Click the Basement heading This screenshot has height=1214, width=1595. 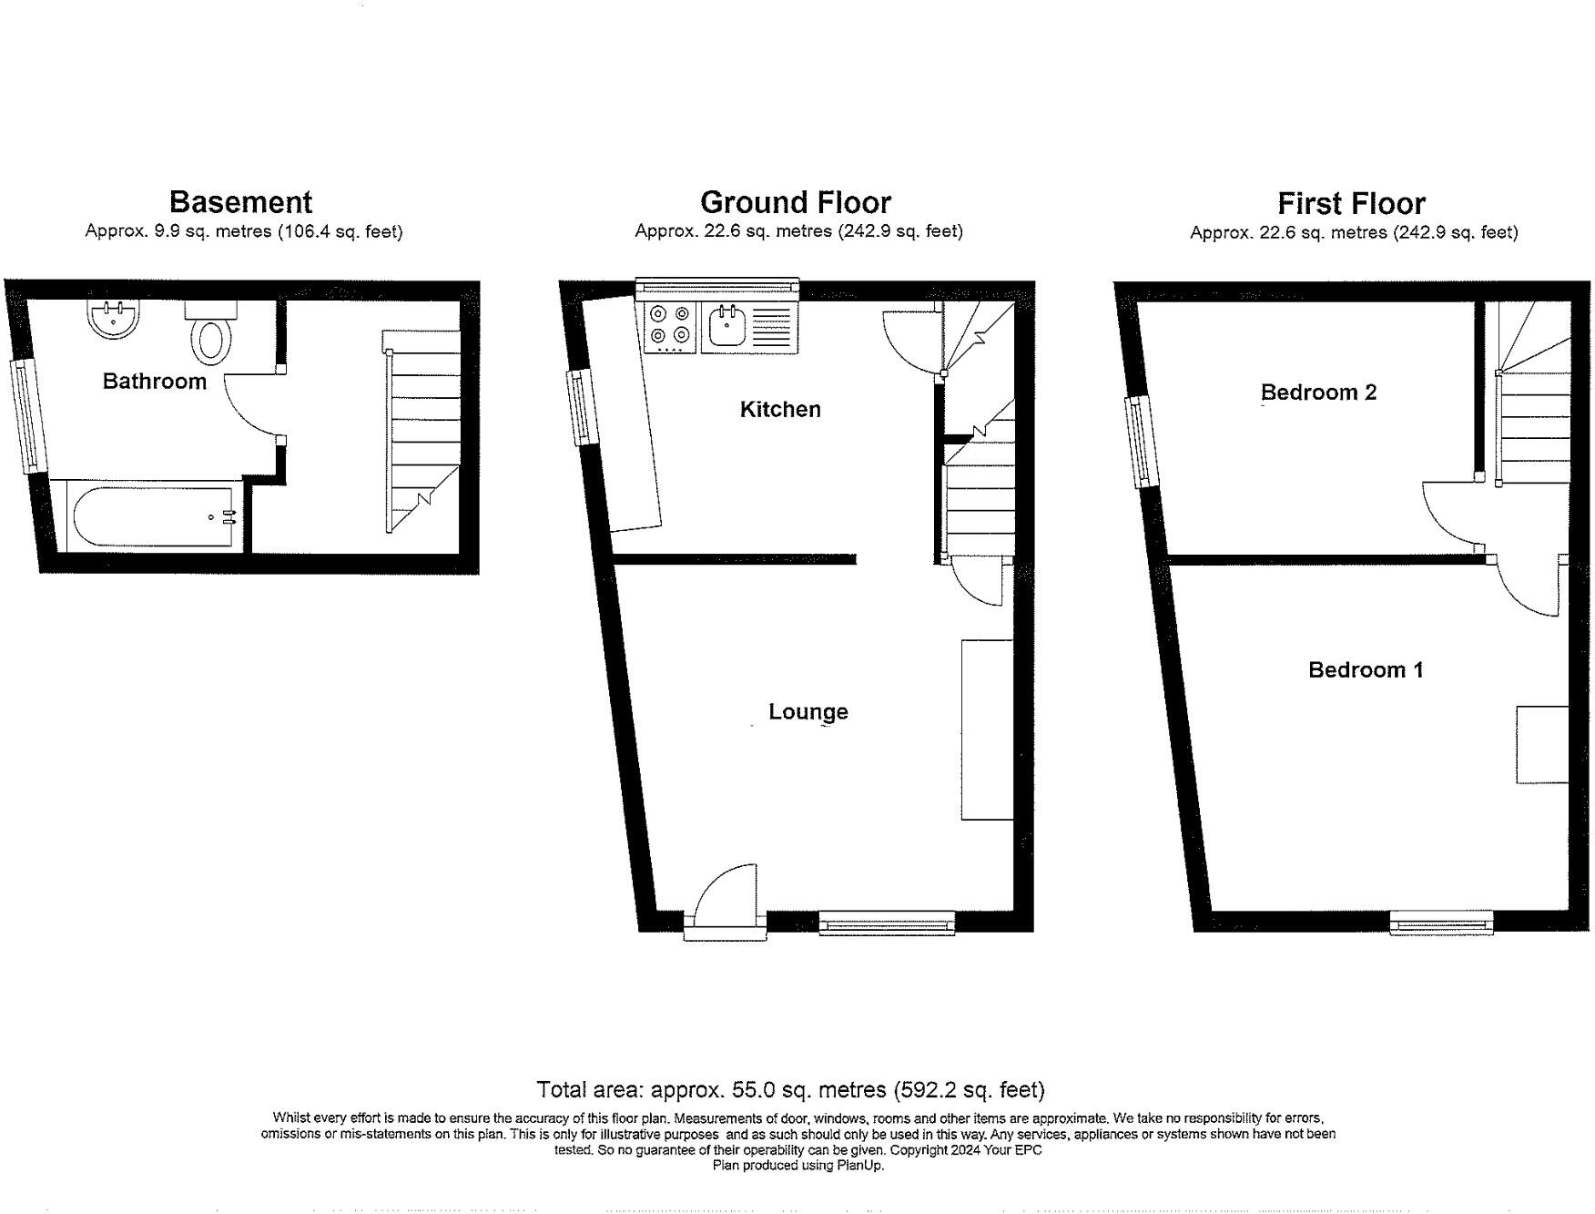click(x=240, y=202)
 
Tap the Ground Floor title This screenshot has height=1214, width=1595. click(x=795, y=202)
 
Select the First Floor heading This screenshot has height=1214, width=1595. click(x=1351, y=203)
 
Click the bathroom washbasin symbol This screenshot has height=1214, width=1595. click(x=113, y=319)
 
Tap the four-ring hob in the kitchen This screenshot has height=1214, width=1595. click(x=669, y=328)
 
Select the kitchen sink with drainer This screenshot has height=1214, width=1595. click(x=749, y=327)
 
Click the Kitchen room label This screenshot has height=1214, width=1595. click(x=780, y=410)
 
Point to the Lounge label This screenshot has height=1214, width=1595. click(x=808, y=712)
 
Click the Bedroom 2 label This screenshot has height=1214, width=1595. click(x=1318, y=393)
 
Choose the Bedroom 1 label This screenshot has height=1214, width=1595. click(x=1365, y=670)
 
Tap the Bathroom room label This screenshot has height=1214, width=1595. click(x=154, y=382)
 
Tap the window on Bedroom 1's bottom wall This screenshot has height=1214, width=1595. click(x=1441, y=923)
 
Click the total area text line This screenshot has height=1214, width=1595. click(x=790, y=1089)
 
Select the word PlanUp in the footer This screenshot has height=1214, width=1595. click(x=859, y=1165)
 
